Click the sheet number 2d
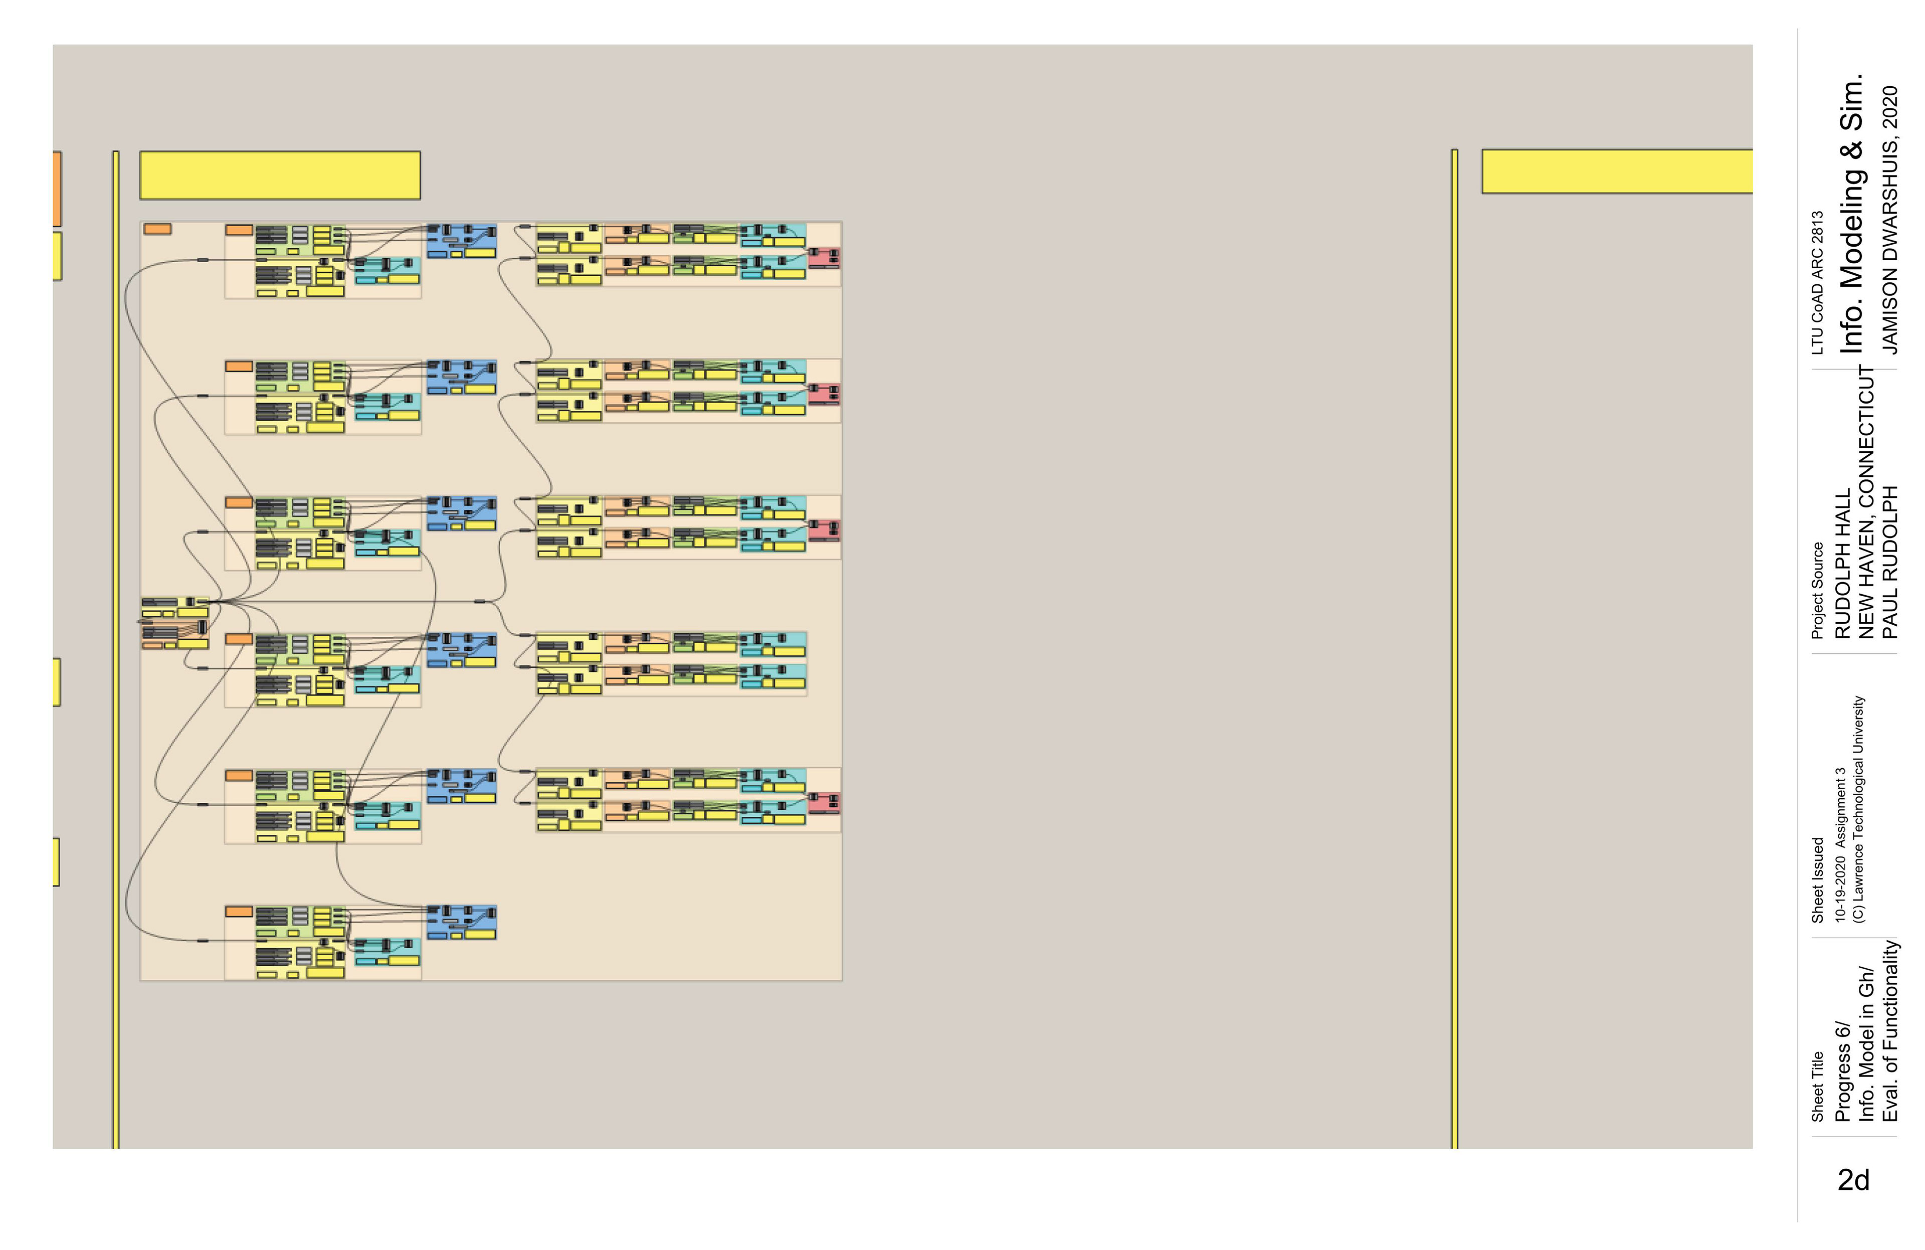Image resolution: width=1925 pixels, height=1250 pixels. pos(1853,1180)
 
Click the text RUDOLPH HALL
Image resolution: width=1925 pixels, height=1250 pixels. pos(1842,564)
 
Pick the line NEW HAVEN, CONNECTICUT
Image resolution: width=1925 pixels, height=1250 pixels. pos(1866,501)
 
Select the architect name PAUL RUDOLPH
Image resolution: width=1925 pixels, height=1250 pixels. pos(1889,562)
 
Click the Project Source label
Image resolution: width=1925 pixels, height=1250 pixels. pos(1817,591)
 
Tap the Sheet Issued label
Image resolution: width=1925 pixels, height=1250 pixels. pos(1817,880)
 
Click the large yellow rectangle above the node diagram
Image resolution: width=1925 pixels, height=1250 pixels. pos(280,175)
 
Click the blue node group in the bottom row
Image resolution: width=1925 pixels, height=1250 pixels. pos(461,922)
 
